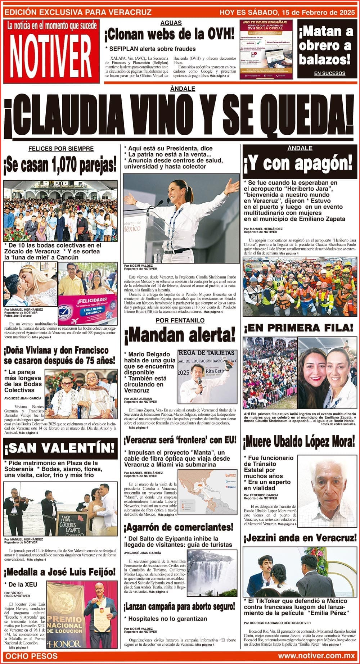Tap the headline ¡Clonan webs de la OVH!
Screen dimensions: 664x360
click(169, 35)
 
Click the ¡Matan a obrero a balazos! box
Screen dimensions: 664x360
click(326, 46)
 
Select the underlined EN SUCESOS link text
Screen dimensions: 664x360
click(329, 73)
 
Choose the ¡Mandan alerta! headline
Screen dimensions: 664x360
click(179, 336)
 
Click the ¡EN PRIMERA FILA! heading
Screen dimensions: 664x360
click(298, 328)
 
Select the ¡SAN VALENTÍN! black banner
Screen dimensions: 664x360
click(60, 448)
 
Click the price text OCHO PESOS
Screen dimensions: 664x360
click(32, 656)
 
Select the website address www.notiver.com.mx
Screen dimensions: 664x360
click(316, 656)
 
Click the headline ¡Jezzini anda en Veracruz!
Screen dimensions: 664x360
click(300, 538)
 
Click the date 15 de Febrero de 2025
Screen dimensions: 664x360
click(317, 13)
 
